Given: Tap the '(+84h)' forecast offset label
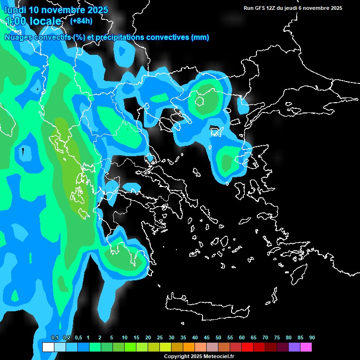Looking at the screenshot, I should coord(81,21).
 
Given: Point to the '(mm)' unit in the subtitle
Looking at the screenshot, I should coord(200,37).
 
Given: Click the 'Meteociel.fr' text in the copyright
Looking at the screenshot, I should coord(219,357).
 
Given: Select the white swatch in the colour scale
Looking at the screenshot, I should coord(48,347).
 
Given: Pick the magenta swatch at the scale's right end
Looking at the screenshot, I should coord(306,347).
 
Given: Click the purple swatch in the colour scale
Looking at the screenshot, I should coord(294,347).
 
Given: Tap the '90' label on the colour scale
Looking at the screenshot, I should coord(312,337).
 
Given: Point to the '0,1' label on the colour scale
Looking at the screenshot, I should coord(54,337).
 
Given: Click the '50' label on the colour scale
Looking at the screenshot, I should coord(218,337).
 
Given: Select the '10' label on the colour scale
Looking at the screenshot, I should coord(124,337).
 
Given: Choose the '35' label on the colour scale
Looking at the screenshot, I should coord(183,337).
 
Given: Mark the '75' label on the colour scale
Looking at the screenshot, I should coord(277,337).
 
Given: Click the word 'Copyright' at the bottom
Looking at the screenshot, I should coord(176,357).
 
